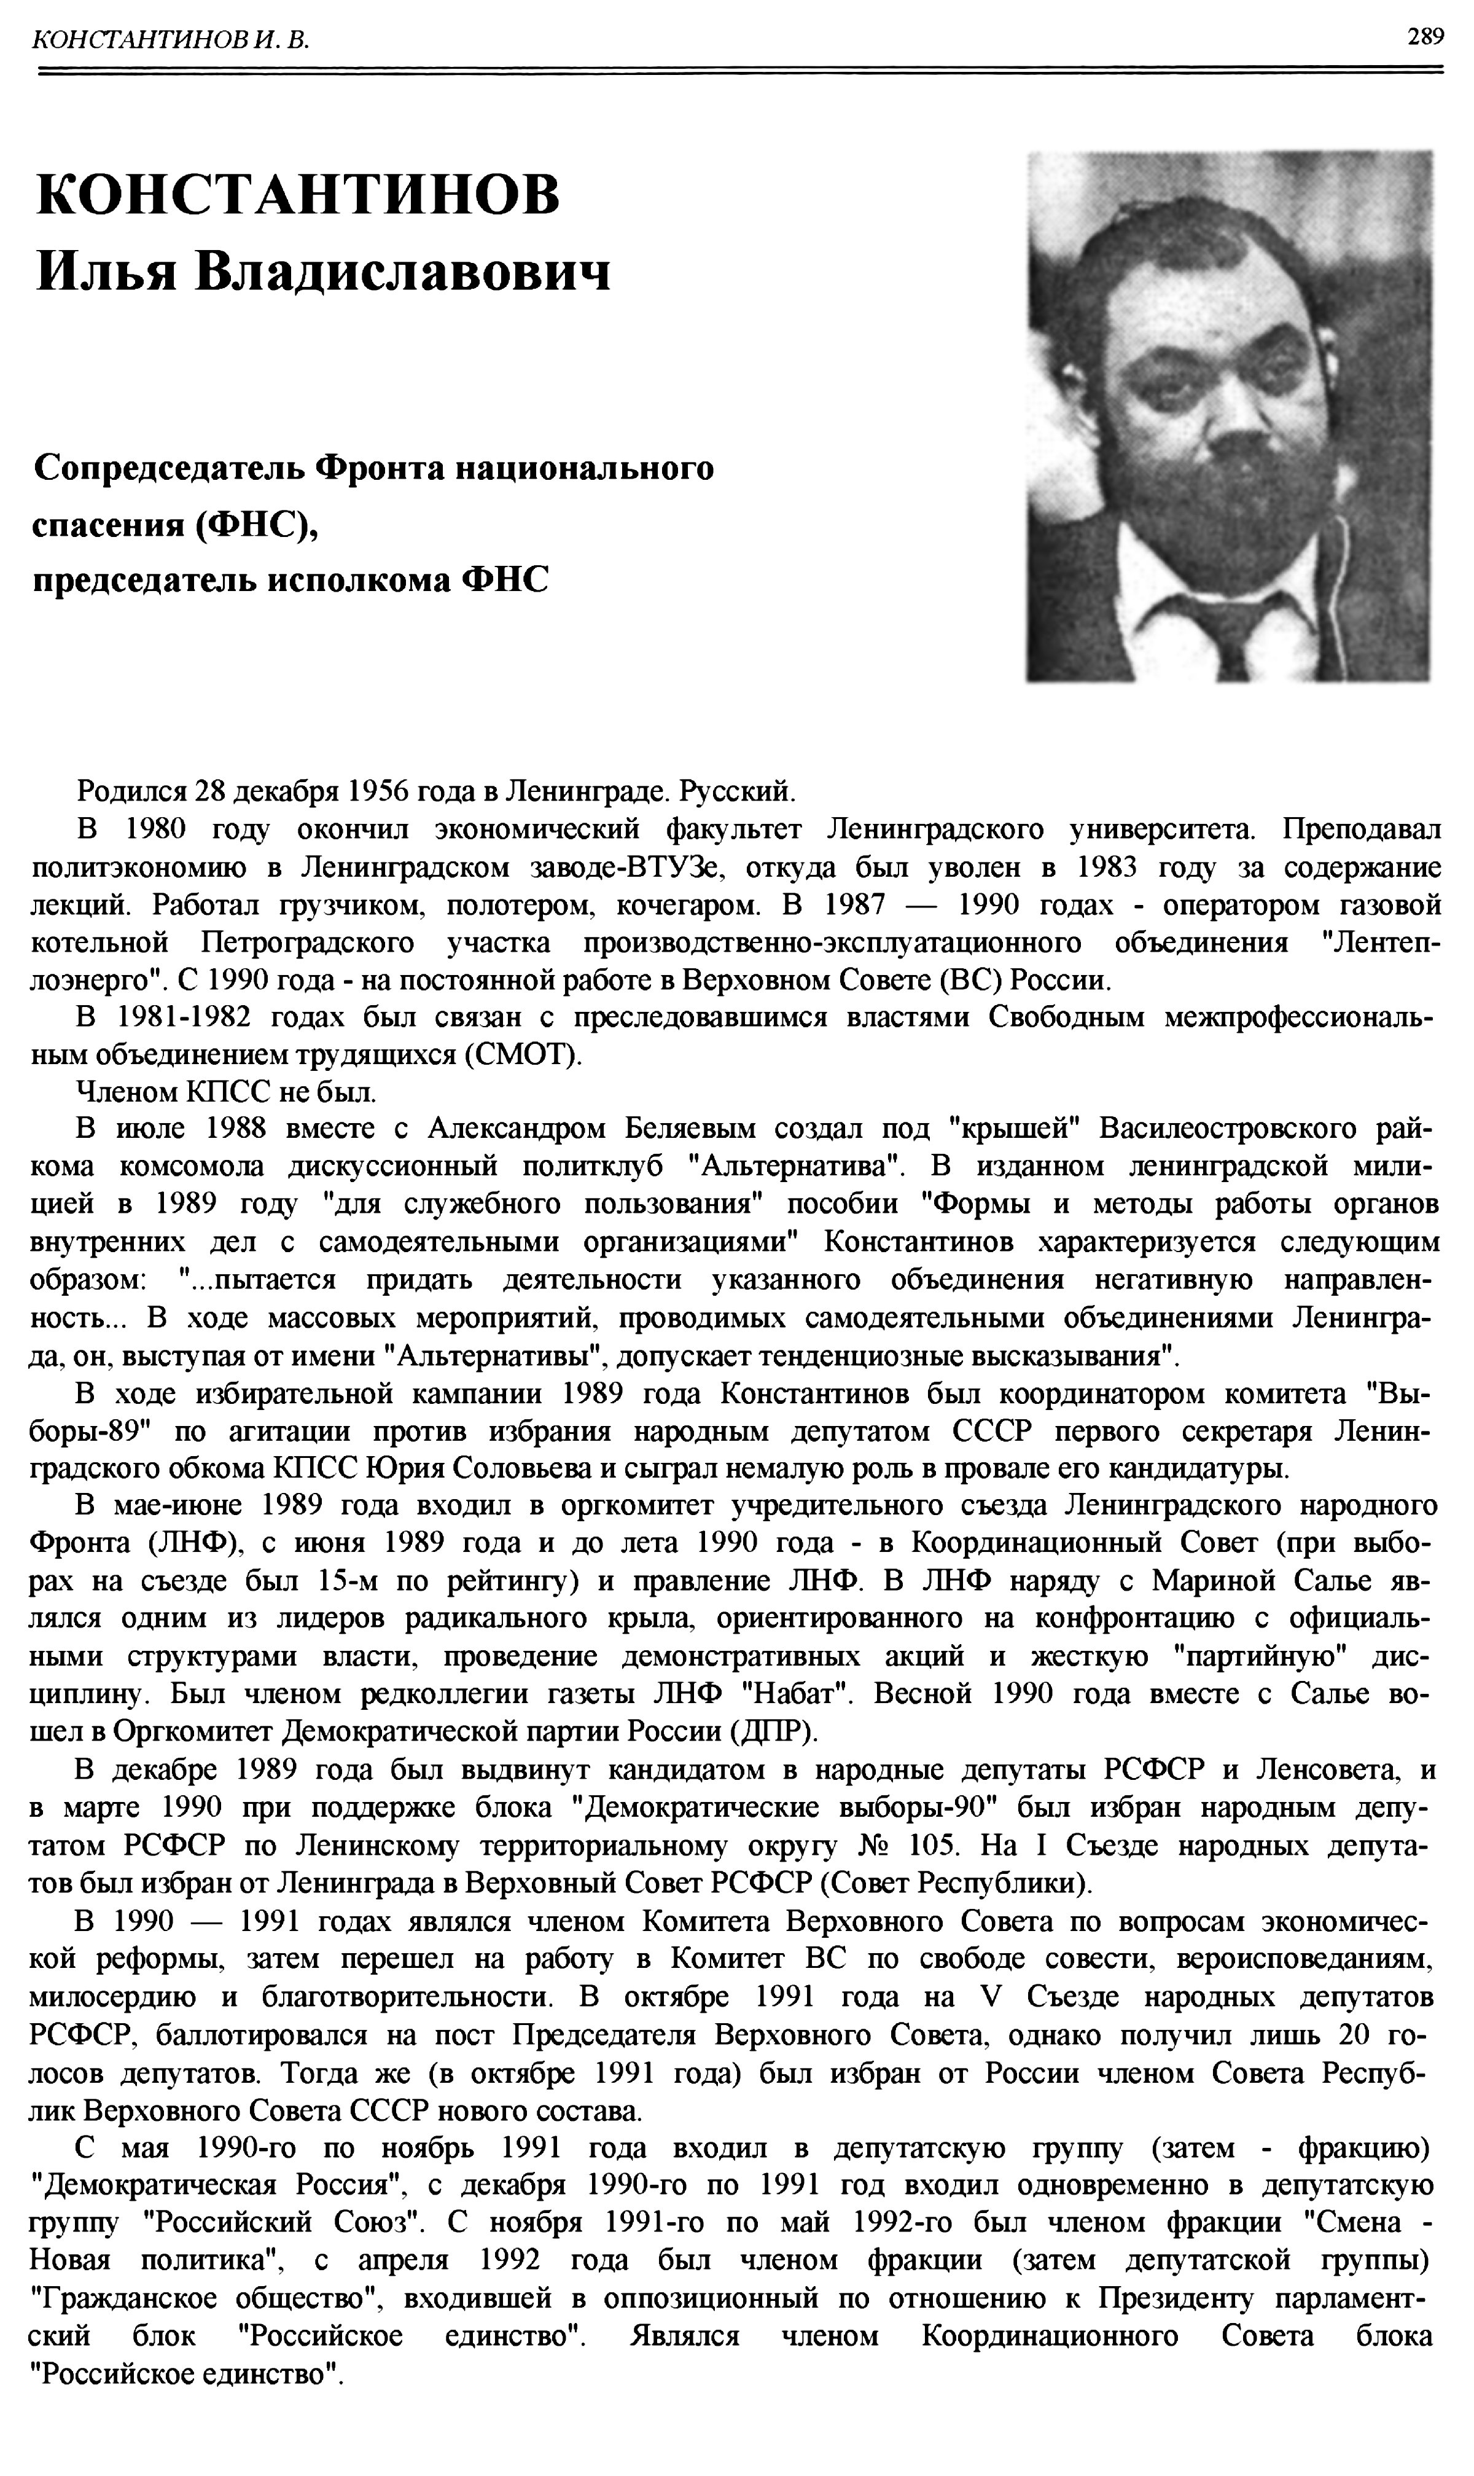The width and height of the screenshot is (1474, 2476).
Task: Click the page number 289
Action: (x=1424, y=37)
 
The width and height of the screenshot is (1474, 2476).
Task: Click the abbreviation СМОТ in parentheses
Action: (x=523, y=1054)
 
